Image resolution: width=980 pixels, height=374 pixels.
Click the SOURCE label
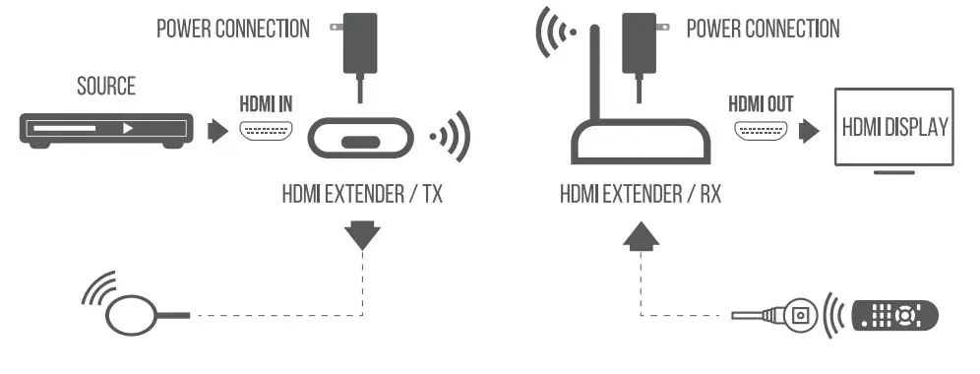point(106,86)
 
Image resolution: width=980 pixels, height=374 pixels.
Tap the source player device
point(104,128)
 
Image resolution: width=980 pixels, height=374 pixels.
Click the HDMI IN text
point(266,101)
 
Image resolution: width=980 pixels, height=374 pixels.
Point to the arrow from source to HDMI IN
point(216,129)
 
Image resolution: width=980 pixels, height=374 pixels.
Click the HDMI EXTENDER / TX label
point(362,193)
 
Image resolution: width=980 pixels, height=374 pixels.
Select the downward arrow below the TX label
point(362,235)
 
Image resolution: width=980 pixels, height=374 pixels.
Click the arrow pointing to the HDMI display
point(809,129)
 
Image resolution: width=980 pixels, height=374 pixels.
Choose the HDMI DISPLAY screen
point(893,128)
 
